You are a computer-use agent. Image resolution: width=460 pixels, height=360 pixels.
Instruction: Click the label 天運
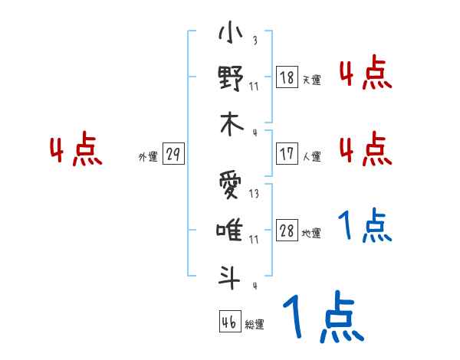tap(311, 80)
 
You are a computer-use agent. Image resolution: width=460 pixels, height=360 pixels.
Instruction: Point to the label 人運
tap(311, 156)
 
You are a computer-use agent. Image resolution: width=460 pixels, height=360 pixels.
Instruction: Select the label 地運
tap(311, 234)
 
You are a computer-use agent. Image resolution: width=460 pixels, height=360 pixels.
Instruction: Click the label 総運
tap(255, 325)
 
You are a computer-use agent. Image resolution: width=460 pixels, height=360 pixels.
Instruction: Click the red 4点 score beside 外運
tap(76, 151)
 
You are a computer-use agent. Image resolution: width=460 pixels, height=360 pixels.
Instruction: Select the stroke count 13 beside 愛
tap(254, 194)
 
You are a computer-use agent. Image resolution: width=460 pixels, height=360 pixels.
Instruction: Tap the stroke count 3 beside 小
tap(254, 41)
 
